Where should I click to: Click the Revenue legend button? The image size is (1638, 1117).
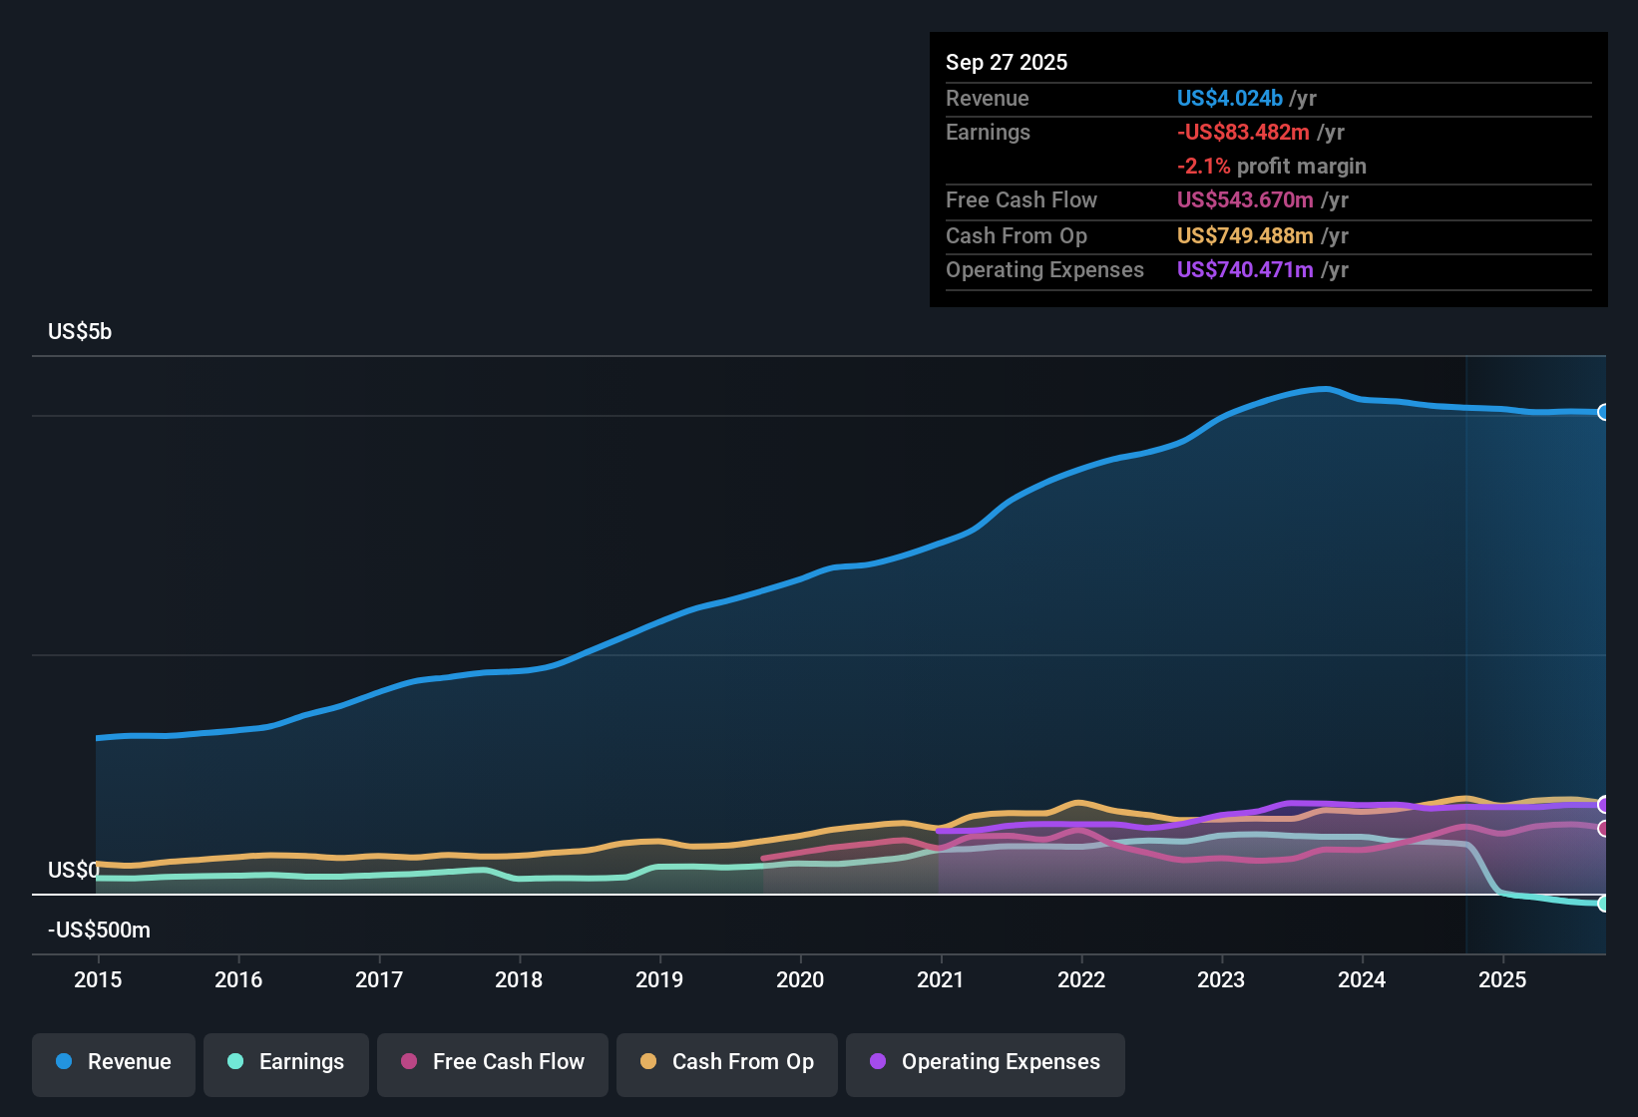point(114,1062)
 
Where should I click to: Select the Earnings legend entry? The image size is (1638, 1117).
point(286,1062)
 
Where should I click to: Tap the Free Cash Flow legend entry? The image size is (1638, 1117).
point(493,1062)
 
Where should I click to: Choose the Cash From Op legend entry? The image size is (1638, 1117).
point(727,1062)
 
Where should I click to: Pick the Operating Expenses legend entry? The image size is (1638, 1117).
point(985,1062)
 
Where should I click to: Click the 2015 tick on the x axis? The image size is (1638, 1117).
point(98,980)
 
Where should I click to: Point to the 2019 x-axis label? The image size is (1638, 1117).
point(659,980)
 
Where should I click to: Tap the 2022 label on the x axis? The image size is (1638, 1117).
point(1081,980)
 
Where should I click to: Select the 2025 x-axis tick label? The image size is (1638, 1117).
point(1502,980)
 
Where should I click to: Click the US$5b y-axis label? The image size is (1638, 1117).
point(80,332)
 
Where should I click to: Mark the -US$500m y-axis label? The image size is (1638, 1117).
point(99,931)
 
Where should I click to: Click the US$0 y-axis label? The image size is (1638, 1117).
point(73,871)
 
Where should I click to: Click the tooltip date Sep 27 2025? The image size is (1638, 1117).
point(1006,63)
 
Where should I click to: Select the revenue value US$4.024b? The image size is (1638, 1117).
point(1229,99)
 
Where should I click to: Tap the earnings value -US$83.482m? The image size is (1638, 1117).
point(1243,133)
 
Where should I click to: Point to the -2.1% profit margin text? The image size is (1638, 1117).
point(1271,167)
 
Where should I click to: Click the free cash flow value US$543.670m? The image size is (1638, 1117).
point(1245,200)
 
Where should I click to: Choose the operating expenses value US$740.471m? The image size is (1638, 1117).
point(1245,270)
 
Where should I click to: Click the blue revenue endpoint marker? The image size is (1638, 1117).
point(1603,412)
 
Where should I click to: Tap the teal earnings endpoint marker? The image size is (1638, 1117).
point(1603,904)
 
